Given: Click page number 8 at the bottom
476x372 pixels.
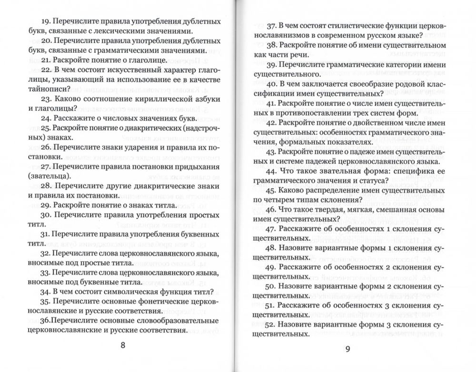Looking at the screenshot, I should tap(123, 345).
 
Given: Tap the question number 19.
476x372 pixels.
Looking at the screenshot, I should tap(47, 21).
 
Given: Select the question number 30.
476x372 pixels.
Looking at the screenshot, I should tap(47, 214).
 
